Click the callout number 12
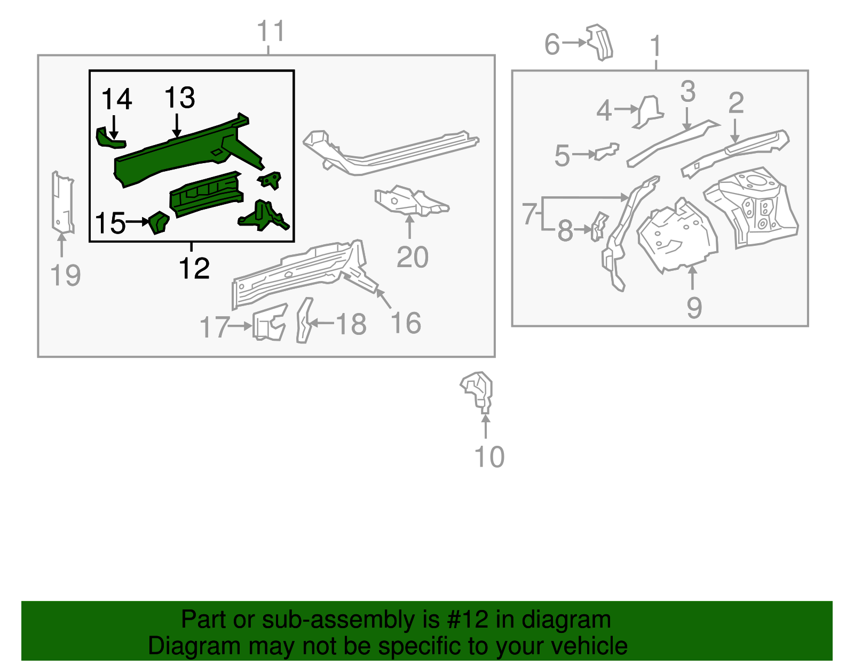point(194,268)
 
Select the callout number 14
point(116,100)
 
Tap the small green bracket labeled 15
point(159,222)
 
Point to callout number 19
point(65,276)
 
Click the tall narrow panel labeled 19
point(62,203)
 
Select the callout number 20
point(412,258)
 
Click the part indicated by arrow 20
point(410,202)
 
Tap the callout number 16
point(406,323)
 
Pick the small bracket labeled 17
point(269,322)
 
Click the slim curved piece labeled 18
point(304,320)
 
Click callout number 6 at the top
point(552,44)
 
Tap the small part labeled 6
point(600,42)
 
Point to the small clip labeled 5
point(607,151)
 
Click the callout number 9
point(693,308)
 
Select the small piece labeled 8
point(598,226)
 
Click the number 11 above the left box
point(271,31)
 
